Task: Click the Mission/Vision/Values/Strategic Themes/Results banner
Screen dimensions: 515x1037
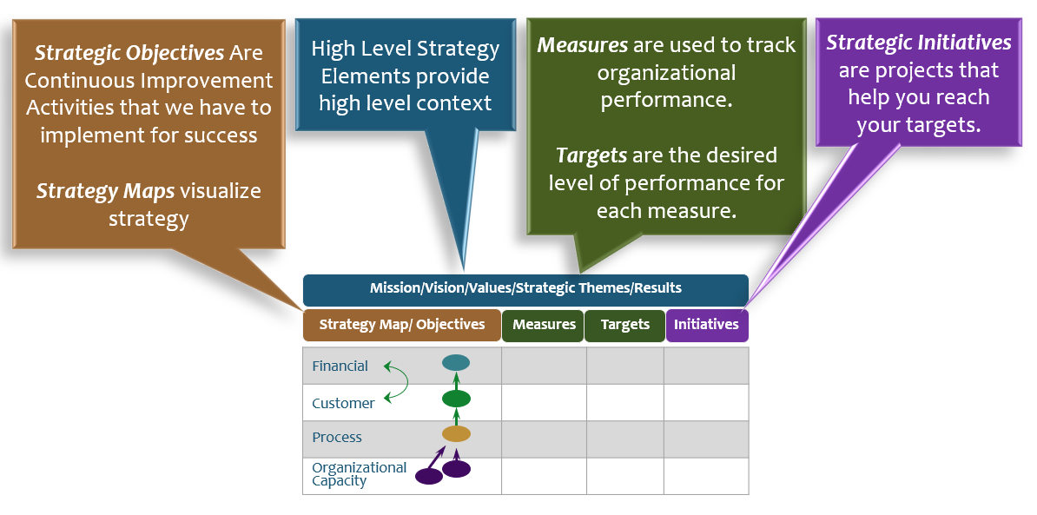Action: point(525,288)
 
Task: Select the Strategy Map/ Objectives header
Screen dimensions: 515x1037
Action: point(402,325)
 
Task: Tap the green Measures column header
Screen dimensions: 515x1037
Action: point(544,325)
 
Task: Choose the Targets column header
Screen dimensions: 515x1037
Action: point(624,325)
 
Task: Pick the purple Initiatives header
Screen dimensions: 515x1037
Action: point(706,325)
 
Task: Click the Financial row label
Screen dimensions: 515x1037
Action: point(340,366)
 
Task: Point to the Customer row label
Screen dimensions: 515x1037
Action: point(343,403)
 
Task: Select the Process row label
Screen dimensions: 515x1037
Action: point(337,438)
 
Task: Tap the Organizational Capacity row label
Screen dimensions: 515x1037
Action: point(359,474)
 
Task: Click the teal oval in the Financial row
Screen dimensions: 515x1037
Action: point(456,363)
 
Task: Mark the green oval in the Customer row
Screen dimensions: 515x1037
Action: point(456,399)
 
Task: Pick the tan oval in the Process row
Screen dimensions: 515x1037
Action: point(456,433)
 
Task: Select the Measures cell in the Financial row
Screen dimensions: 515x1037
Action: point(544,366)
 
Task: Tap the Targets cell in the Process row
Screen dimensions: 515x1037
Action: point(625,439)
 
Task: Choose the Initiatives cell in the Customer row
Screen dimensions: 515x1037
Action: point(706,403)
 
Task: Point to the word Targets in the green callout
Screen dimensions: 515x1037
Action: point(591,156)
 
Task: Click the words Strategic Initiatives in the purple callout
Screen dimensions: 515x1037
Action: point(918,43)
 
